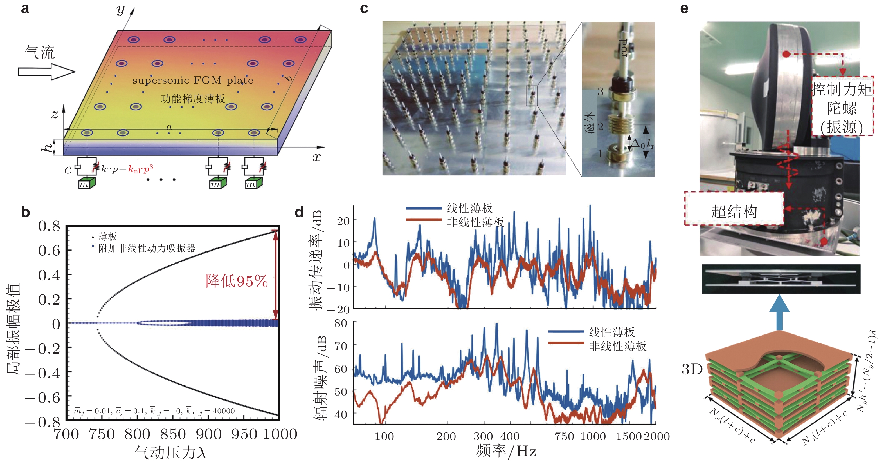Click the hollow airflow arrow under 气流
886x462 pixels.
[x=46, y=72]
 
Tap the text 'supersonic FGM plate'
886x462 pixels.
[x=193, y=81]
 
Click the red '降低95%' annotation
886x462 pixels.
[x=237, y=281]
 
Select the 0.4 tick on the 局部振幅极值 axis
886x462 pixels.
[x=49, y=275]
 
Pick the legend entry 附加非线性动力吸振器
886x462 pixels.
[x=147, y=248]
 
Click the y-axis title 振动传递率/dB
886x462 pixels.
[x=315, y=260]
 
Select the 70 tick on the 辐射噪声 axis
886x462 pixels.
[x=341, y=346]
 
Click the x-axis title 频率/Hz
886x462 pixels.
[x=506, y=451]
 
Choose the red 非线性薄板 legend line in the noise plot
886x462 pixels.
[x=566, y=343]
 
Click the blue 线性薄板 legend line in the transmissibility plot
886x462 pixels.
[x=424, y=208]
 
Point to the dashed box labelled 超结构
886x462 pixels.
[x=734, y=209]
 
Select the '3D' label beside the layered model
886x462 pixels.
[x=692, y=369]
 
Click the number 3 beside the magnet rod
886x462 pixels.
[x=601, y=91]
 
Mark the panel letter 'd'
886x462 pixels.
[x=299, y=212]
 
